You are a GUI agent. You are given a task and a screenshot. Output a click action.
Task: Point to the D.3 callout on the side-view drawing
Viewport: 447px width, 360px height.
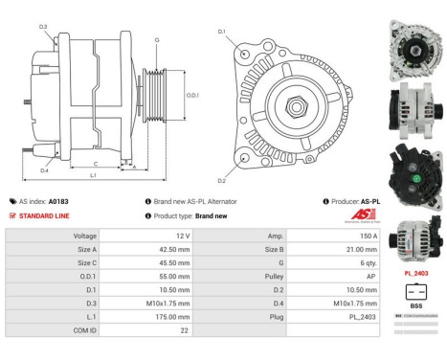coord(43,26)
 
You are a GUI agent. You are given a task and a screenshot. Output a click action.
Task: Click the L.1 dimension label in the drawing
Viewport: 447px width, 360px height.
coord(93,175)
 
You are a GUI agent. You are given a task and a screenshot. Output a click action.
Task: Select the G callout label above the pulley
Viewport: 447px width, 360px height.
coord(157,39)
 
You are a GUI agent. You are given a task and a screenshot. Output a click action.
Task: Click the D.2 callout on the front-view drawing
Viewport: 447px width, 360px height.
coord(221,180)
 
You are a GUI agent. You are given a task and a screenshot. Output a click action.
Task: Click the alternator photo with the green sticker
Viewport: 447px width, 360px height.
coord(414,178)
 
